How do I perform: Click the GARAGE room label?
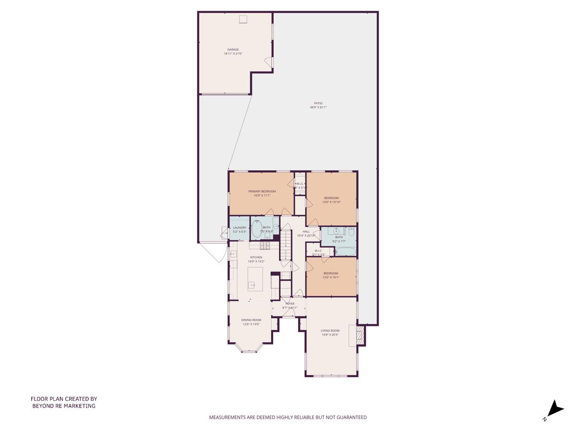[233, 49]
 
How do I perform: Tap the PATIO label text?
[318, 103]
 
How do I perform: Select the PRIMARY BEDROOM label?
[262, 191]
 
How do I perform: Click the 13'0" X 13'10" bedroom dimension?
[331, 202]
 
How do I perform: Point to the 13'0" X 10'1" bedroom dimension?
[331, 277]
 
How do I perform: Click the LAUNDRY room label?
[240, 228]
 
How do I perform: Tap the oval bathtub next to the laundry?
[257, 229]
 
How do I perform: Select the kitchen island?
[255, 279]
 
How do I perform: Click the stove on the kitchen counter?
[264, 246]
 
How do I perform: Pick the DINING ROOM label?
[251, 320]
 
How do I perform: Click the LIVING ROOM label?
[330, 330]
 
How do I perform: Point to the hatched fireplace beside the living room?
[360, 335]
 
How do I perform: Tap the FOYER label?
[290, 304]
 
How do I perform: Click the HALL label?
[306, 231]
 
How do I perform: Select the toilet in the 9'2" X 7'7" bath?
[351, 232]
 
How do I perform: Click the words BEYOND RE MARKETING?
[64, 406]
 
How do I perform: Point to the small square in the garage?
[243, 19]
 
